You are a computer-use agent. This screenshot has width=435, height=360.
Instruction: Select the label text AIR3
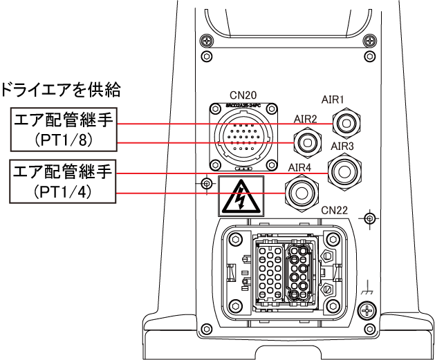pyautogui.click(x=342, y=146)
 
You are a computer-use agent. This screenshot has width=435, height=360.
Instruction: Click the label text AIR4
pyautogui.click(x=299, y=167)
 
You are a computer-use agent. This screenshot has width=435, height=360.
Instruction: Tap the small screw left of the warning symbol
pyautogui.click(x=205, y=184)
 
